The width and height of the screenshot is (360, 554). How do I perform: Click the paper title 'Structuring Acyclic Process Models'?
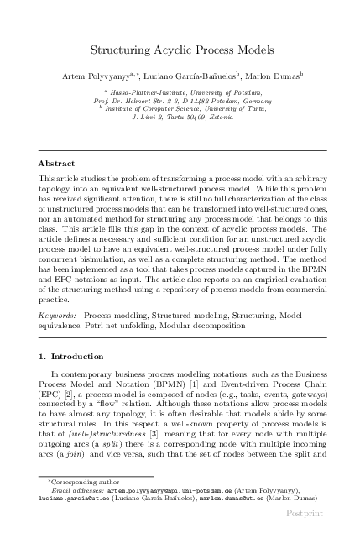tap(180, 51)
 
